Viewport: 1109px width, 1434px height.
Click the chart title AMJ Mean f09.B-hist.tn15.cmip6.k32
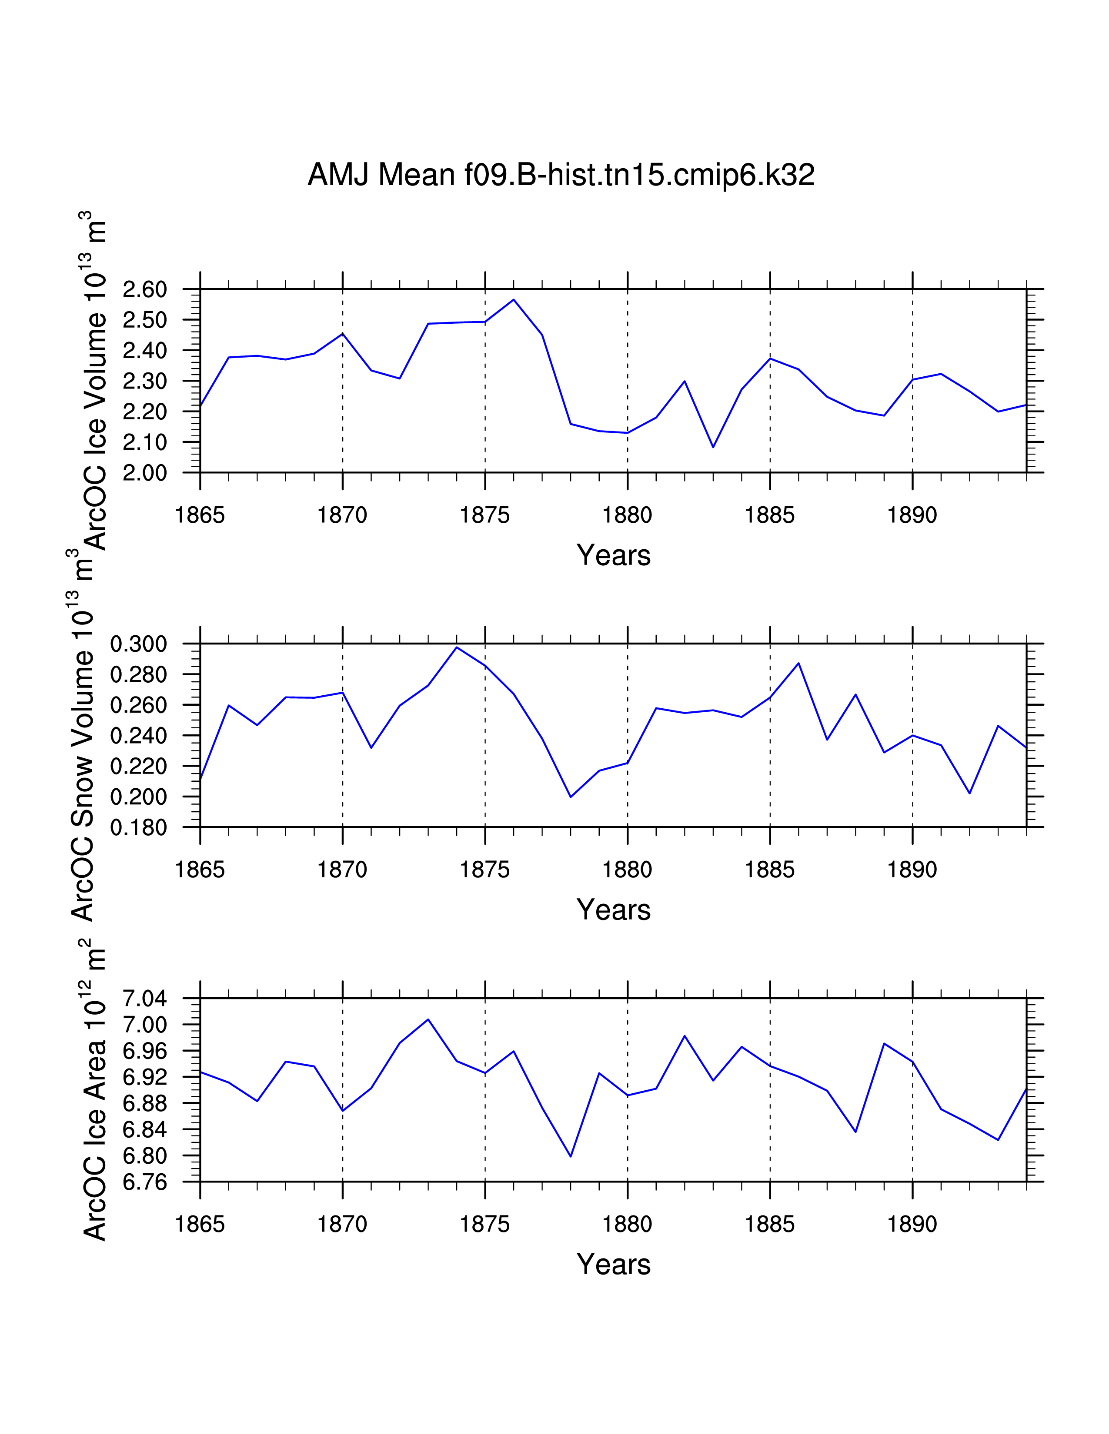point(561,175)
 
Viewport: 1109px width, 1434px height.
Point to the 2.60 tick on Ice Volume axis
point(144,289)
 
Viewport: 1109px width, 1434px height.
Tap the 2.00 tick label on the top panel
point(144,473)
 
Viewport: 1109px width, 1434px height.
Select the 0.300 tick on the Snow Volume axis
point(139,644)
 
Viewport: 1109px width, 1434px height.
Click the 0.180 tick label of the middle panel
point(139,828)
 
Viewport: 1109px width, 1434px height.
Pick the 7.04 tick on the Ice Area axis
point(144,999)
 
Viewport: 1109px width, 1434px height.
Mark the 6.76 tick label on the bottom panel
point(144,1182)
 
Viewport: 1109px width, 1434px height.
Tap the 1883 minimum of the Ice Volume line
point(713,447)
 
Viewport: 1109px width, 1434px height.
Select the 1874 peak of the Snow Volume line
point(457,647)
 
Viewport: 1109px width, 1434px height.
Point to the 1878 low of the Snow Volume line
point(571,797)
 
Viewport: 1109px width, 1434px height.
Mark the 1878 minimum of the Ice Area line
point(571,1156)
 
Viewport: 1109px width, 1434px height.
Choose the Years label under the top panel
point(613,555)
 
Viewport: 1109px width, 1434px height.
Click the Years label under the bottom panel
point(613,1265)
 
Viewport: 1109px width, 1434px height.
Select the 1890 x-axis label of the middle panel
point(912,870)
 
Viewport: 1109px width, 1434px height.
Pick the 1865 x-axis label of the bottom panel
point(200,1225)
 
